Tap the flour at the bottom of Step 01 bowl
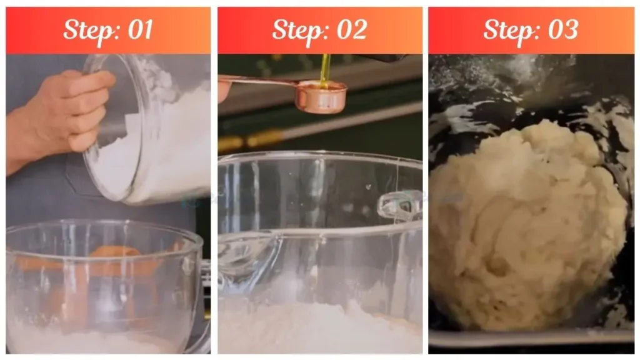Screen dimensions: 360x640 pos(94,341)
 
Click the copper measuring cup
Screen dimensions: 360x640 pos(321,97)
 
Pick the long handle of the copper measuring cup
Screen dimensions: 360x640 pos(262,81)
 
